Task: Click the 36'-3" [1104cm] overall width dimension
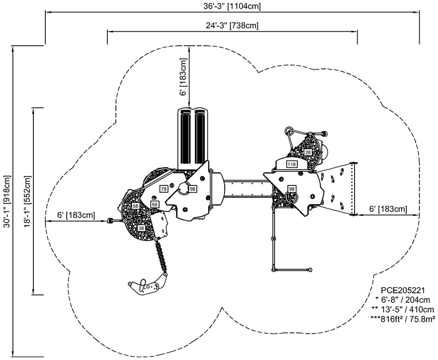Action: click(x=232, y=6)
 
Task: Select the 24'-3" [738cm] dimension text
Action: click(x=232, y=26)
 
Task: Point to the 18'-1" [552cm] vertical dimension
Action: click(x=27, y=201)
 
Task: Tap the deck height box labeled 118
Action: click(x=292, y=164)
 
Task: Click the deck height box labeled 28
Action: click(x=308, y=152)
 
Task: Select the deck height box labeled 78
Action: click(x=164, y=189)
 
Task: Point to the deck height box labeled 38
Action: click(x=141, y=228)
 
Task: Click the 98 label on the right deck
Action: click(x=292, y=189)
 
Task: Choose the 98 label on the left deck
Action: click(x=192, y=189)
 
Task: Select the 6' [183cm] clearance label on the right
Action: click(x=388, y=209)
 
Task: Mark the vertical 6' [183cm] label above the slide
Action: click(x=183, y=77)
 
